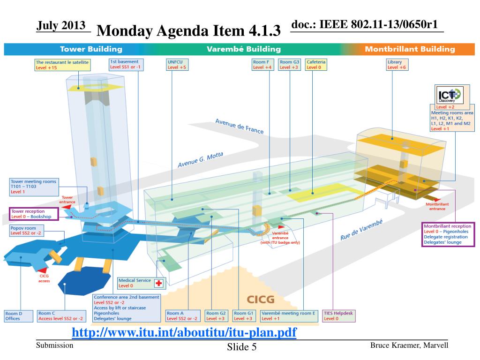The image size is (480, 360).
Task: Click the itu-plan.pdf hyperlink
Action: click(x=184, y=333)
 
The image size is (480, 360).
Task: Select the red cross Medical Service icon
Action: click(x=158, y=283)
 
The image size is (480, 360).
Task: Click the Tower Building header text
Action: click(x=91, y=49)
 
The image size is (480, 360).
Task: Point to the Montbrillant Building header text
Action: click(x=410, y=49)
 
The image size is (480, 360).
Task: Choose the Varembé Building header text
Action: click(x=243, y=49)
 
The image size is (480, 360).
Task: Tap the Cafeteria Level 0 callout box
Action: click(x=316, y=65)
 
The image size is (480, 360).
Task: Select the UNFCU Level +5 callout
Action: click(x=177, y=65)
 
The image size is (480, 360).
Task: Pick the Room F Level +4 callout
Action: click(x=262, y=65)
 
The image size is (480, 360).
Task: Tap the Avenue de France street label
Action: click(x=239, y=126)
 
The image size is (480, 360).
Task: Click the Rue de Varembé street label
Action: click(x=361, y=230)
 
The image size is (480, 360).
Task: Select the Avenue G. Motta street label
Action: click(x=200, y=160)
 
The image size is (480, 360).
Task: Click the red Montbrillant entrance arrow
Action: click(x=429, y=199)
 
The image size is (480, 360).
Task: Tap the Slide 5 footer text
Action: click(x=242, y=347)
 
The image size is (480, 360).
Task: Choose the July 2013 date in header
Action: click(x=61, y=25)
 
